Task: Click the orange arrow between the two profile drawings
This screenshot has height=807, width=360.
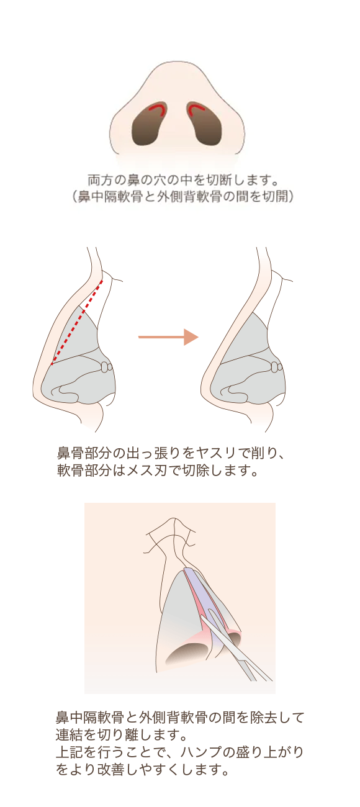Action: click(x=168, y=337)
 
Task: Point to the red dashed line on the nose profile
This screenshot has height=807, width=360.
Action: click(x=77, y=322)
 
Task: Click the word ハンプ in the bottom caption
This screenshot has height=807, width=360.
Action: click(x=201, y=752)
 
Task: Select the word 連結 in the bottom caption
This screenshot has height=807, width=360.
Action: click(x=70, y=734)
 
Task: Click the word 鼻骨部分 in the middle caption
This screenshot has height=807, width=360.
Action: click(x=83, y=454)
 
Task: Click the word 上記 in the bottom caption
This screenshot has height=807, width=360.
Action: click(x=70, y=752)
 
